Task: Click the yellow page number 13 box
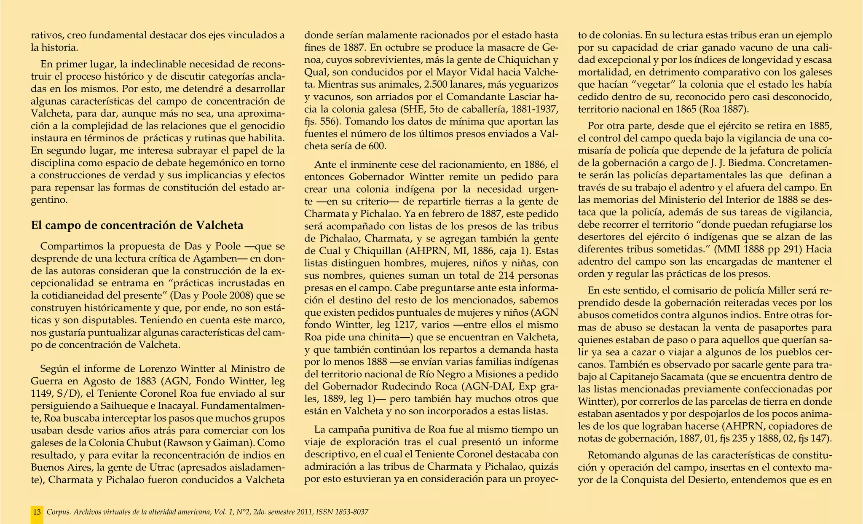(37, 512)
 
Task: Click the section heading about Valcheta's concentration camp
(137, 226)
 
